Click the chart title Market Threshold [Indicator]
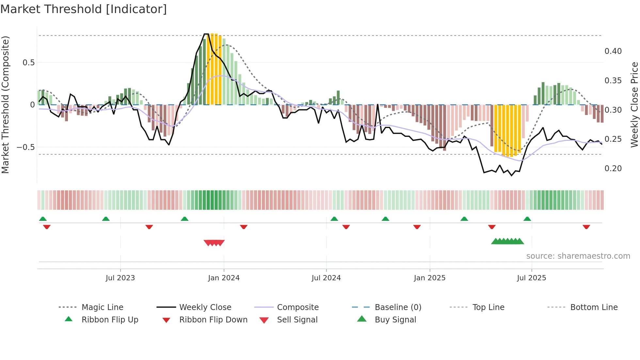click(84, 9)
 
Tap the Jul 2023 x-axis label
click(120, 278)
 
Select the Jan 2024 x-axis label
click(224, 278)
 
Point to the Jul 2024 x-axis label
click(326, 278)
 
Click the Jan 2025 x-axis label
click(429, 278)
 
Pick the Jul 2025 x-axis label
click(531, 278)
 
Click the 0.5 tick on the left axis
click(29, 63)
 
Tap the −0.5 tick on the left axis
click(26, 147)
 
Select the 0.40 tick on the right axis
click(613, 51)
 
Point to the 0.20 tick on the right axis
click(613, 169)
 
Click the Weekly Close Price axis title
click(634, 105)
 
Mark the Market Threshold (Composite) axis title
click(5, 105)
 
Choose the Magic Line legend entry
click(102, 307)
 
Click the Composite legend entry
click(297, 307)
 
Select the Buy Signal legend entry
click(395, 320)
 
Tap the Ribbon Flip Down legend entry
click(213, 320)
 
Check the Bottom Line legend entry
click(594, 307)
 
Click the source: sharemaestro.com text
click(578, 256)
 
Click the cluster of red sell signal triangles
click(214, 243)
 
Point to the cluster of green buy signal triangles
click(507, 241)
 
